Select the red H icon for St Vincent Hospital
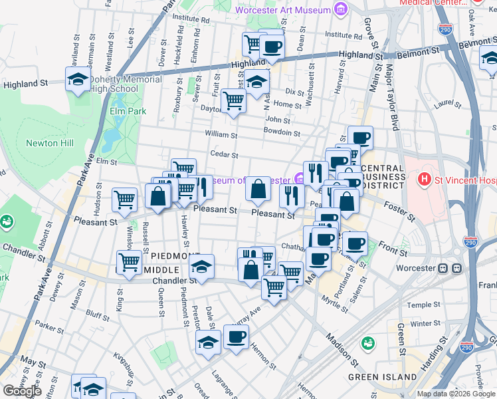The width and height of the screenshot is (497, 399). (x=424, y=180)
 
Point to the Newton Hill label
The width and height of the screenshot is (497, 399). (x=50, y=143)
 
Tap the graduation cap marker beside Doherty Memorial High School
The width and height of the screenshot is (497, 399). (x=78, y=80)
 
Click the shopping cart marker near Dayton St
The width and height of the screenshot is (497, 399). (x=233, y=101)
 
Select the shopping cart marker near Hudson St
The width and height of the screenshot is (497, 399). (x=124, y=198)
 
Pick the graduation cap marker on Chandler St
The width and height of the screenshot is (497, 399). (x=202, y=267)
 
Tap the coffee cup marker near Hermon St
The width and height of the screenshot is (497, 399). (x=236, y=337)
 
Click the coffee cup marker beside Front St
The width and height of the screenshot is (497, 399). (x=355, y=243)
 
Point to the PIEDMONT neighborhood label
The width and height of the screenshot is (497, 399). (x=175, y=256)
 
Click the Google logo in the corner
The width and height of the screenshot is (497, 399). (x=22, y=390)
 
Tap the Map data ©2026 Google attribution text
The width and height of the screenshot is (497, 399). (x=455, y=394)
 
